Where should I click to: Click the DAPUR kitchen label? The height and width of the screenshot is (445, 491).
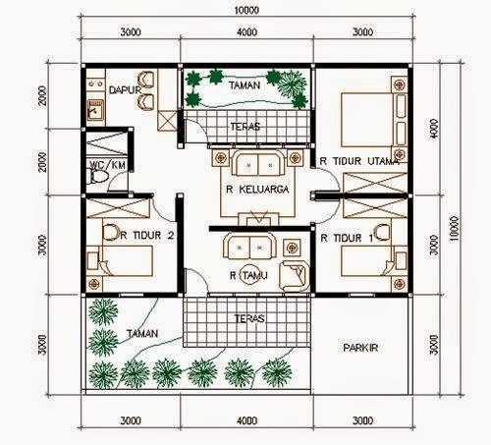pyautogui.click(x=125, y=90)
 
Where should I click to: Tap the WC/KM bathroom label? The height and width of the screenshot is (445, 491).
pyautogui.click(x=107, y=165)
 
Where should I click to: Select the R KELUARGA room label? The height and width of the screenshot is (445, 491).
pyautogui.click(x=257, y=190)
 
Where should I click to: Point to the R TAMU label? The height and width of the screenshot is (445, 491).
pyautogui.click(x=248, y=275)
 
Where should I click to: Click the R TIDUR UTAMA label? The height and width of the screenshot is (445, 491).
pyautogui.click(x=359, y=161)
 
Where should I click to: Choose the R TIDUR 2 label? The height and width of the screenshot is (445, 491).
pyautogui.click(x=147, y=235)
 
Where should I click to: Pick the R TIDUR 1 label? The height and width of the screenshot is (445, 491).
pyautogui.click(x=347, y=238)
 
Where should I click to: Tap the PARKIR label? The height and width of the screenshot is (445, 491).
pyautogui.click(x=360, y=348)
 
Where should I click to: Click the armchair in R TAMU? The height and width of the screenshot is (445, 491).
pyautogui.click(x=295, y=276)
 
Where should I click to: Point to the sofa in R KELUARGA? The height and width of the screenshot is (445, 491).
pyautogui.click(x=258, y=163)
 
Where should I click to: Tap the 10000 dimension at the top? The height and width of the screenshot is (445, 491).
pyautogui.click(x=246, y=10)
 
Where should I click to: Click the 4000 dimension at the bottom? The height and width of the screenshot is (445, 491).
pyautogui.click(x=247, y=420)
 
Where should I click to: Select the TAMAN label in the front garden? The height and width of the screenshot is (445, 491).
pyautogui.click(x=142, y=333)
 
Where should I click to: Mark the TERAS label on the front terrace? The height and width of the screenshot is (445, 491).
pyautogui.click(x=249, y=318)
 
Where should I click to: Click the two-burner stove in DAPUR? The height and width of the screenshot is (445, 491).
pyautogui.click(x=95, y=84)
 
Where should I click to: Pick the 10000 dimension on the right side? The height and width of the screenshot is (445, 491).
pyautogui.click(x=455, y=229)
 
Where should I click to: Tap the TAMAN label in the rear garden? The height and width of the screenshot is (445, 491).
pyautogui.click(x=245, y=85)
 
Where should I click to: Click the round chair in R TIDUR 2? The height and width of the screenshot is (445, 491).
pyautogui.click(x=111, y=233)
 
